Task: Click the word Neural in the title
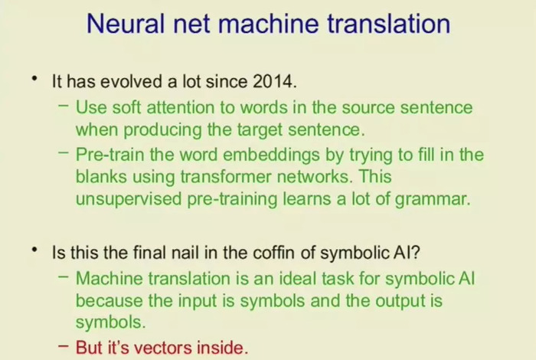(126, 24)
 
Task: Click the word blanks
(101, 177)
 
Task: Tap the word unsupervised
(129, 199)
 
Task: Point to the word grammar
(433, 200)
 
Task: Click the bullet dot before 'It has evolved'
(34, 79)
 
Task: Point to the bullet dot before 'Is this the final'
(34, 250)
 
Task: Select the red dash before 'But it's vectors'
(64, 345)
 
